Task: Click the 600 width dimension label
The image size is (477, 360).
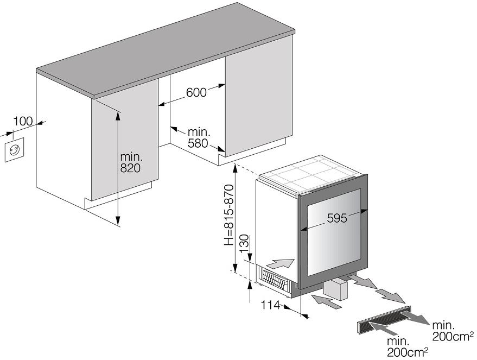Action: tap(196, 92)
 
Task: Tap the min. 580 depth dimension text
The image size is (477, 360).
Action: tap(199, 137)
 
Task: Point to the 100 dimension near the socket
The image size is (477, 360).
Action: tap(23, 121)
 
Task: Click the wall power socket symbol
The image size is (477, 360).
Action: tap(14, 150)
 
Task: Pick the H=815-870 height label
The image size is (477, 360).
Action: tap(229, 215)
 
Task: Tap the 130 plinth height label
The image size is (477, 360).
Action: tap(244, 243)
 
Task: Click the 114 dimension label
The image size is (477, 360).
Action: tap(270, 305)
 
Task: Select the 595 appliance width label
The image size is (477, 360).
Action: tap(337, 218)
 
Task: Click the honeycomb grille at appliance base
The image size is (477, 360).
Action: tap(275, 279)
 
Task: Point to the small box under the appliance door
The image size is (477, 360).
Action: tap(335, 290)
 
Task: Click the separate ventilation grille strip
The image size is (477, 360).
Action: tap(384, 319)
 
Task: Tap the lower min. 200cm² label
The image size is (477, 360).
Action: tap(408, 347)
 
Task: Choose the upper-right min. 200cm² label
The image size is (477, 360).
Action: tap(453, 331)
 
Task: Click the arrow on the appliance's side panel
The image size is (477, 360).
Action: tap(280, 263)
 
